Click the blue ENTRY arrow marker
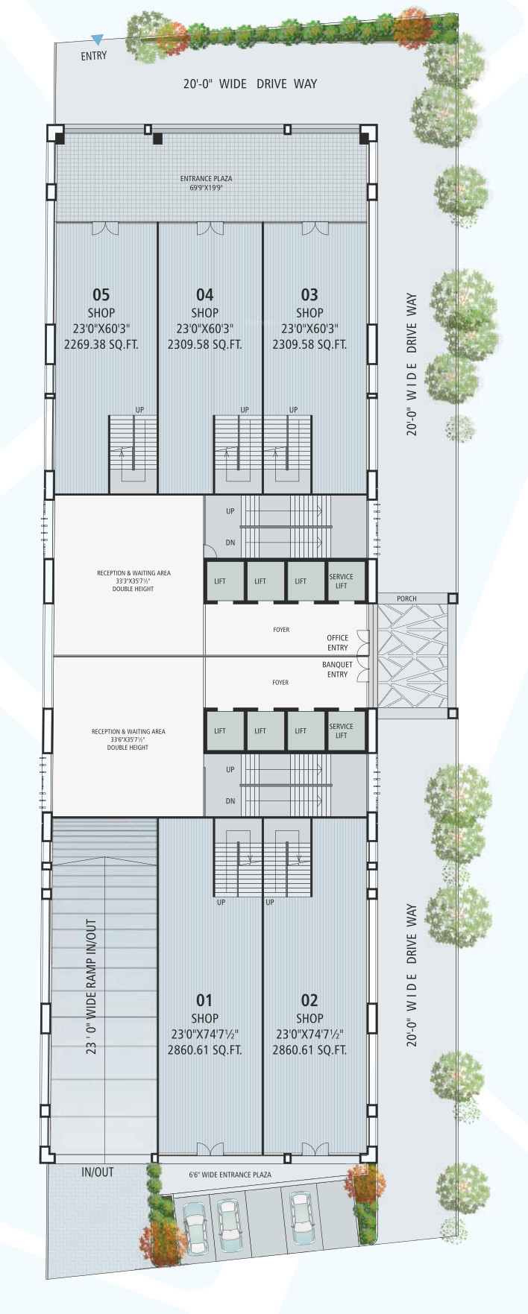point(97,40)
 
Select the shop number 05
point(101,295)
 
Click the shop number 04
point(205,295)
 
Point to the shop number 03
point(309,295)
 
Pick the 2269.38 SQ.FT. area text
point(101,344)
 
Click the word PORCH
point(406,598)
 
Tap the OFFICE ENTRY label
point(338,642)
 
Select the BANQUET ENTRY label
point(337,669)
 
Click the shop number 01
point(204,1000)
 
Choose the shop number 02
point(309,1000)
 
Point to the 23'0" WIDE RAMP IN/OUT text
point(91,986)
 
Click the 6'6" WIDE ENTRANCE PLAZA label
point(230,1175)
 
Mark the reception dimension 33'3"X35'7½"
point(133,581)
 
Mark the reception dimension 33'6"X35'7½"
point(128,739)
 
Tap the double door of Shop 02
point(309,1149)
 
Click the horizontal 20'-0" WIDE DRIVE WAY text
point(250,83)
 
